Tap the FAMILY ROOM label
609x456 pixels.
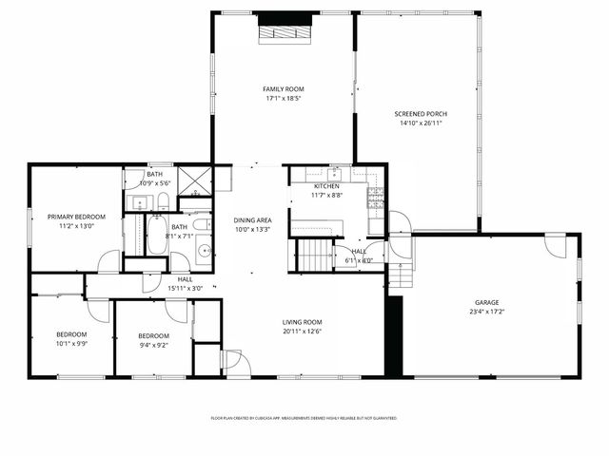click(x=284, y=89)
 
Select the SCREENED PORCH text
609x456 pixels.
click(x=421, y=114)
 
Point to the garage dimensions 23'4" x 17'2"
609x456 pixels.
click(x=486, y=311)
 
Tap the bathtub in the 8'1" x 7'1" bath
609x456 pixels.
click(x=158, y=235)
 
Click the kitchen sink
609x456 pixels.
click(x=336, y=174)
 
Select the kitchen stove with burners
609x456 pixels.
click(x=376, y=198)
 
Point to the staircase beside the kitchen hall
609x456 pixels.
click(x=313, y=256)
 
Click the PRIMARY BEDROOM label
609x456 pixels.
click(x=76, y=217)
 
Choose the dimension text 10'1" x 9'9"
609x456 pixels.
click(x=70, y=344)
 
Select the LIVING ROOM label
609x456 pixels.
click(x=302, y=322)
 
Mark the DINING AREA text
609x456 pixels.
click(x=252, y=219)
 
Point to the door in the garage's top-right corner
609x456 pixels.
click(x=555, y=245)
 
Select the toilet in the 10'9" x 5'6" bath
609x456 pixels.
click(x=163, y=200)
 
